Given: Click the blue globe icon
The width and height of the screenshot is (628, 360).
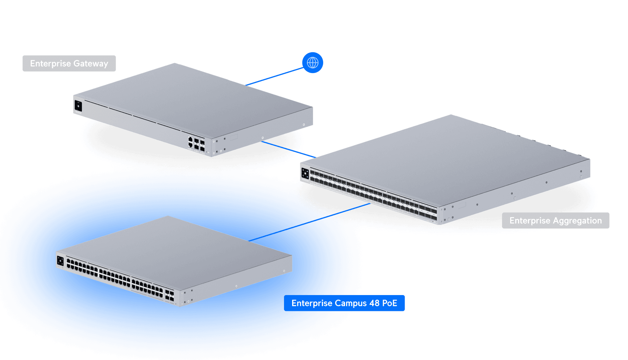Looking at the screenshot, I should pyautogui.click(x=313, y=63).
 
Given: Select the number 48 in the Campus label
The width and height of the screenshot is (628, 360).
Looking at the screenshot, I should pyautogui.click(x=374, y=303).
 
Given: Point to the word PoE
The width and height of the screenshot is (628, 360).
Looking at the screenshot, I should pyautogui.click(x=390, y=303).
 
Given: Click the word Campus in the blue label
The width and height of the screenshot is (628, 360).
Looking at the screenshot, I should pyautogui.click(x=351, y=303).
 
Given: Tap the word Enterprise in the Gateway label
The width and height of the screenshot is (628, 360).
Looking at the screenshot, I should pyautogui.click(x=50, y=64).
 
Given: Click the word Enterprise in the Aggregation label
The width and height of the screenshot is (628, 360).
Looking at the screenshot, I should pyautogui.click(x=530, y=221).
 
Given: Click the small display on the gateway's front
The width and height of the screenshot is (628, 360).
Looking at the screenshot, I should pyautogui.click(x=78, y=106).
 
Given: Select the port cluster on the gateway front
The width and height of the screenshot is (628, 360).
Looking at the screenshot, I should pyautogui.click(x=196, y=143).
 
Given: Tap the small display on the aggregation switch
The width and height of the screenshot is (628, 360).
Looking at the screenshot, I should pyautogui.click(x=305, y=174).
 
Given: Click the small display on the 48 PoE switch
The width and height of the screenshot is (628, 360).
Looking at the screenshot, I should pyautogui.click(x=60, y=261).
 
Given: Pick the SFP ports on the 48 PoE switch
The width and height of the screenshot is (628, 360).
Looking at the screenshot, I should pyautogui.click(x=170, y=295).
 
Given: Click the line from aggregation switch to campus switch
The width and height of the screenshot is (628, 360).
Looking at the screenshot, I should pyautogui.click(x=349, y=209).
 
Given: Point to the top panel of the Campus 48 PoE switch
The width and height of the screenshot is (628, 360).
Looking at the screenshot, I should pyautogui.click(x=176, y=247).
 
